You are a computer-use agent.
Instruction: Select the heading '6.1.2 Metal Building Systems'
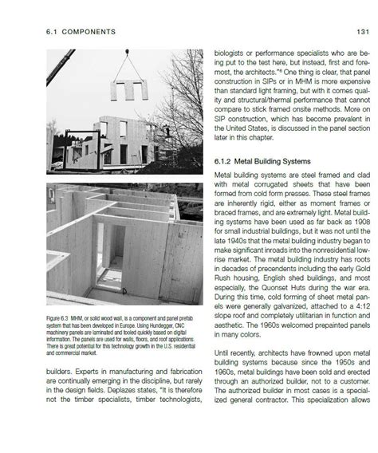262,162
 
